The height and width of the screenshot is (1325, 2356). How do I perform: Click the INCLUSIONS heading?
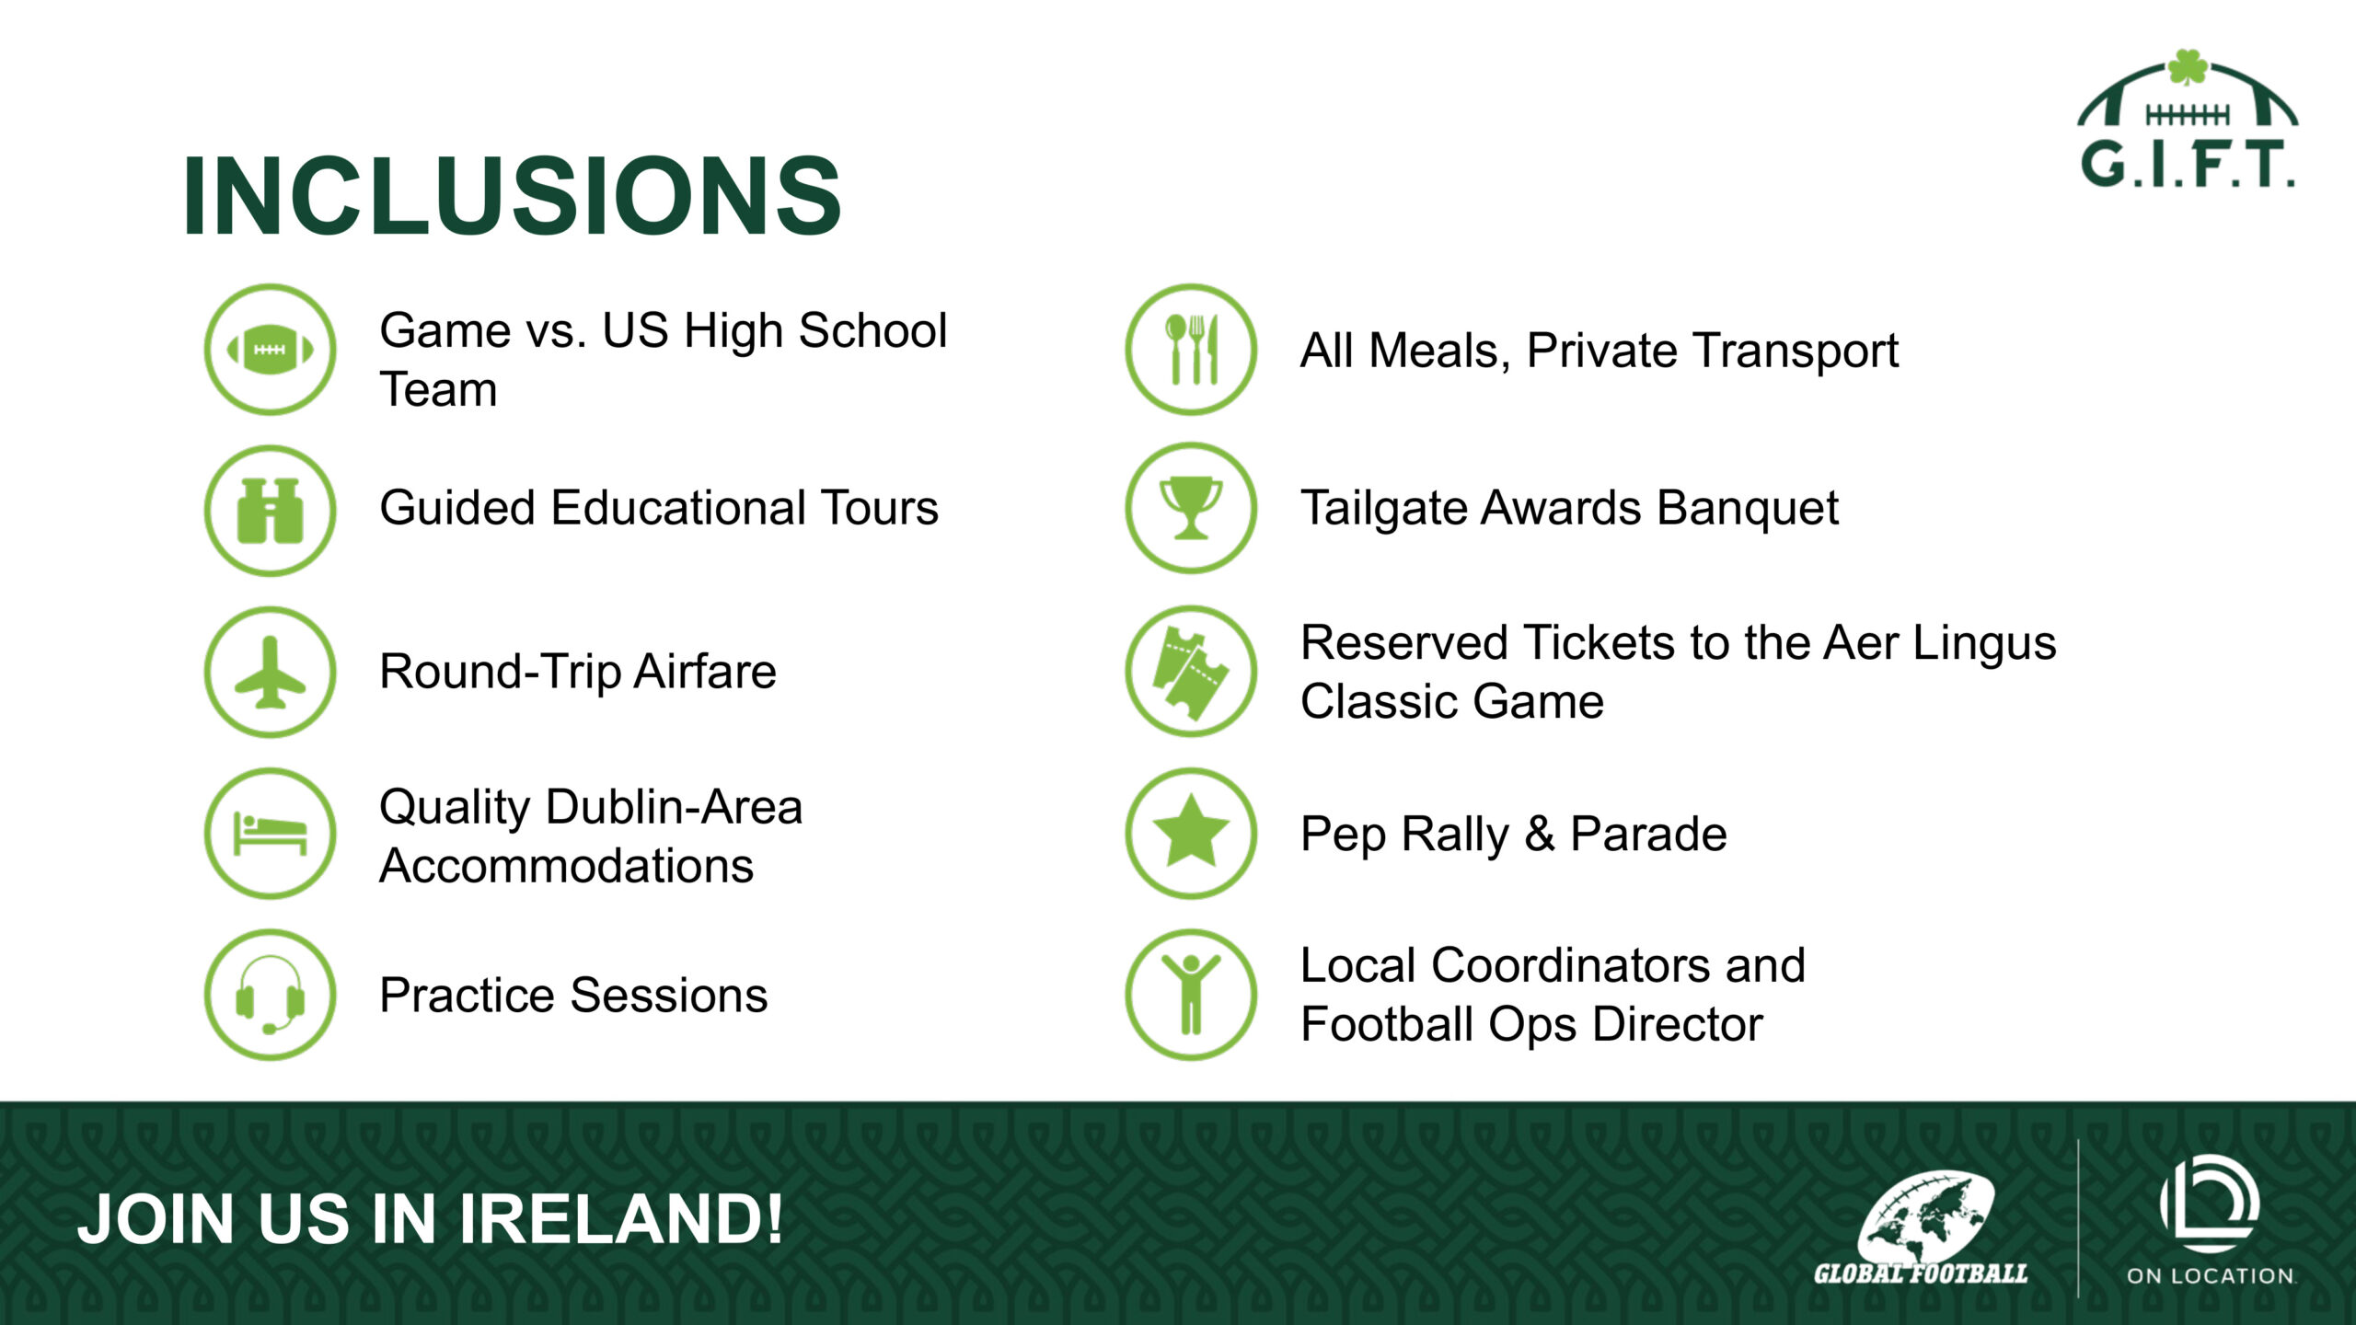[512, 196]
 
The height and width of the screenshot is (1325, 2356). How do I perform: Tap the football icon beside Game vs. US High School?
[271, 350]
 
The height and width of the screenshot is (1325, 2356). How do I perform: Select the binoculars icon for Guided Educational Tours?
[271, 511]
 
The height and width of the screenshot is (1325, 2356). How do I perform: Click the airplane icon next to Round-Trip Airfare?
[271, 672]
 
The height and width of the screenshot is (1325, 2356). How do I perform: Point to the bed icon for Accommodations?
[271, 834]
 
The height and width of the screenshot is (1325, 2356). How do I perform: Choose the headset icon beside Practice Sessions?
[271, 995]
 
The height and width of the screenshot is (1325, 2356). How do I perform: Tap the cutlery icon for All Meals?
[1191, 350]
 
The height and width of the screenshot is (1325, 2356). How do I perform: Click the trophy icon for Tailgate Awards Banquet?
[1191, 508]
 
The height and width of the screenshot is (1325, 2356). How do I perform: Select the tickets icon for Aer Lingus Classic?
[1191, 671]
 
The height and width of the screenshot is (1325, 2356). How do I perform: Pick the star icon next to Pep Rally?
[1191, 834]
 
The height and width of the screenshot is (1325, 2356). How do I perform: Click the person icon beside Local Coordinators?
[1191, 995]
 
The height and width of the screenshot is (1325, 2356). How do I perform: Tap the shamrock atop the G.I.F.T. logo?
[2188, 68]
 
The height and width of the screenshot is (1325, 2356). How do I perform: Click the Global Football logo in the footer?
[1922, 1229]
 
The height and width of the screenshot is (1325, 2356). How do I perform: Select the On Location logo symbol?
[2210, 1203]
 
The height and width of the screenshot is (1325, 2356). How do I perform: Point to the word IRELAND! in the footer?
[620, 1219]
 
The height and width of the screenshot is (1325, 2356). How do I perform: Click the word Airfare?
[705, 671]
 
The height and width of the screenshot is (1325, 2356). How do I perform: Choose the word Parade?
[1648, 834]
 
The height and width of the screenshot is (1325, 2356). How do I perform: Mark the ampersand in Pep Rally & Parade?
[1539, 835]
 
